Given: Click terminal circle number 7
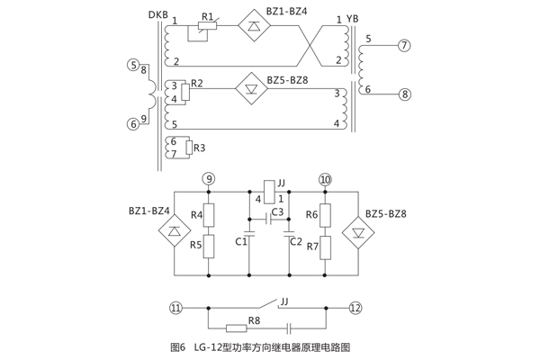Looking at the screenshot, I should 404,45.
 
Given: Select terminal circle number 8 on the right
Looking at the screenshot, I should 404,94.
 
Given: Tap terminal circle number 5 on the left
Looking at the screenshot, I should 133,66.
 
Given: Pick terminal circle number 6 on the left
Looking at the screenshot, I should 133,124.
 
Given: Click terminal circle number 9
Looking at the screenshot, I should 209,178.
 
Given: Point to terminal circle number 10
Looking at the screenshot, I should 325,178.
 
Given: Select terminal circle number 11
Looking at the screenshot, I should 176,307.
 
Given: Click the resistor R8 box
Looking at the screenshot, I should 237,328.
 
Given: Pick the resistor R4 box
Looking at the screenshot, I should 209,215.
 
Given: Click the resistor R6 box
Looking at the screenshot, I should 325,215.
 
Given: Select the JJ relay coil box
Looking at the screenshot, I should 269,185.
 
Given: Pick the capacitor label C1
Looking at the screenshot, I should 240,241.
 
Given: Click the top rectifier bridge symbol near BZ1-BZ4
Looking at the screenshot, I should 254,27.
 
